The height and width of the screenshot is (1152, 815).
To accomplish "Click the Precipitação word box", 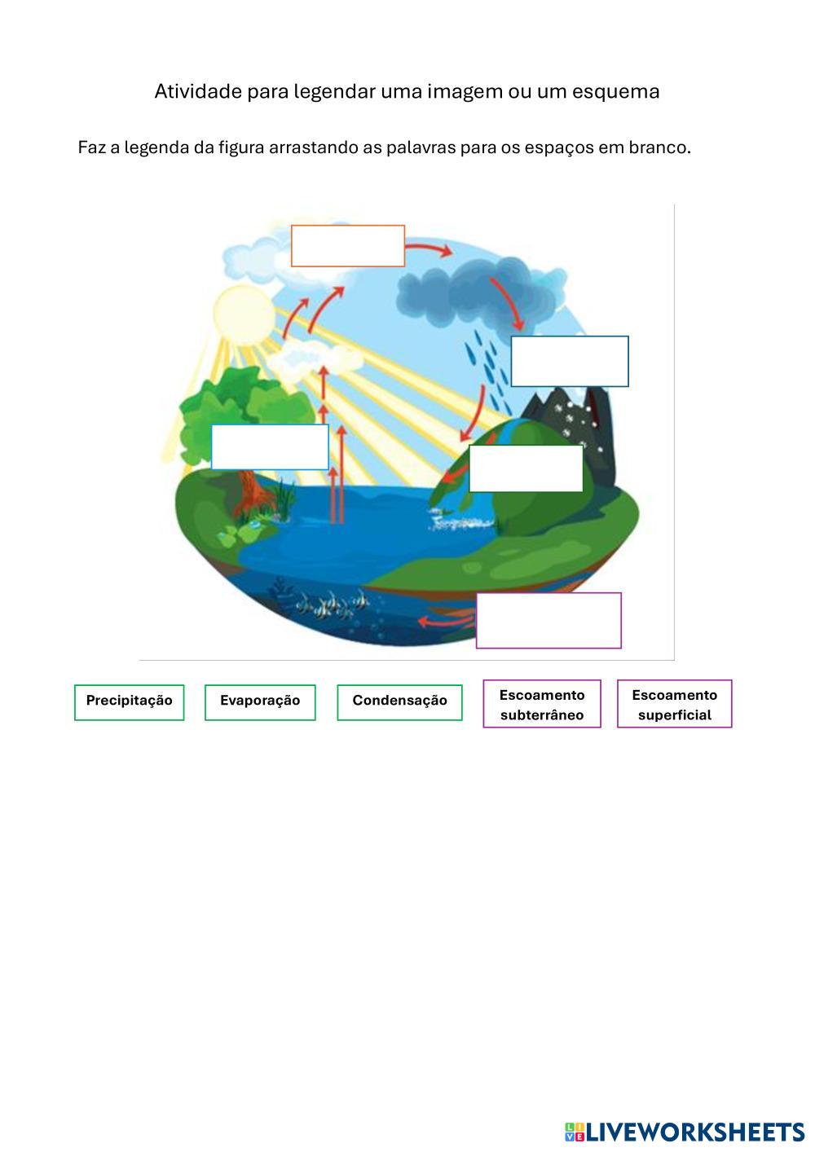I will pos(130,701).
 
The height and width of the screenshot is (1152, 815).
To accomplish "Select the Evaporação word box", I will pos(260,701).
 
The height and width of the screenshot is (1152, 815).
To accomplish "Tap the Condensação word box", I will pos(399,701).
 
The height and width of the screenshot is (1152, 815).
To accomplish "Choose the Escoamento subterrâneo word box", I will pos(542,704).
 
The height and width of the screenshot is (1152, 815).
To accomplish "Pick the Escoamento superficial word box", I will pos(674,704).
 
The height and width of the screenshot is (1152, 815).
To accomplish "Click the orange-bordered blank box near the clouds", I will pos(348,245).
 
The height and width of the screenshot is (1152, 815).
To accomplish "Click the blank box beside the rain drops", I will pos(570,361).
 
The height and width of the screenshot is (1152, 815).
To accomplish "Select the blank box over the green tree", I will pos(270,446).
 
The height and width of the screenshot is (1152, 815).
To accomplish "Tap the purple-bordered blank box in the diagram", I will pos(548,620).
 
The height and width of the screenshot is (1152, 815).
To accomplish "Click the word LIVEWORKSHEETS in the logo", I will pos(694,1132).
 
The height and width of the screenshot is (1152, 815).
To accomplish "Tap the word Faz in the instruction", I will pos(90,147).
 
